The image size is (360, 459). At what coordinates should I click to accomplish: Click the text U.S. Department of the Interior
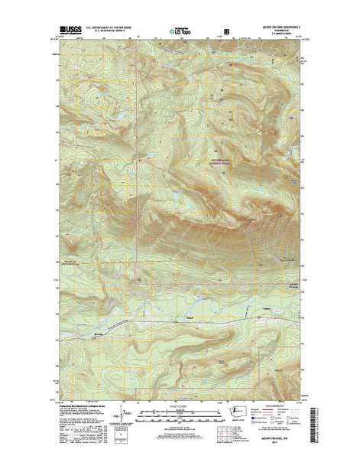pos(109,24)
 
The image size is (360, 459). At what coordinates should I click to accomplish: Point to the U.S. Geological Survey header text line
pos(109,29)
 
